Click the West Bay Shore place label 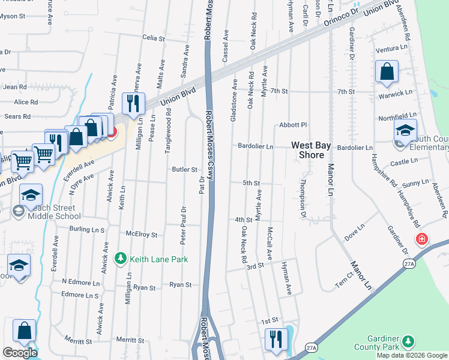pos(312,150)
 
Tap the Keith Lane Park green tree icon pos(121,259)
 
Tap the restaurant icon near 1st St pos(276,339)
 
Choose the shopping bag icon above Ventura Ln pos(387,71)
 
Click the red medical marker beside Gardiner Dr pos(421,239)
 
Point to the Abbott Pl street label pos(293,125)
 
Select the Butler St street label pos(185,170)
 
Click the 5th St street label pos(251,182)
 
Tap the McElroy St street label pos(141,235)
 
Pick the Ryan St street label pos(180,284)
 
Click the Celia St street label pos(154,38)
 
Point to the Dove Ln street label pos(354,233)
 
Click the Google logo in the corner pos(20,352)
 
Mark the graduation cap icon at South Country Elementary pos(405,131)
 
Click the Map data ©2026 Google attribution pos(412,355)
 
